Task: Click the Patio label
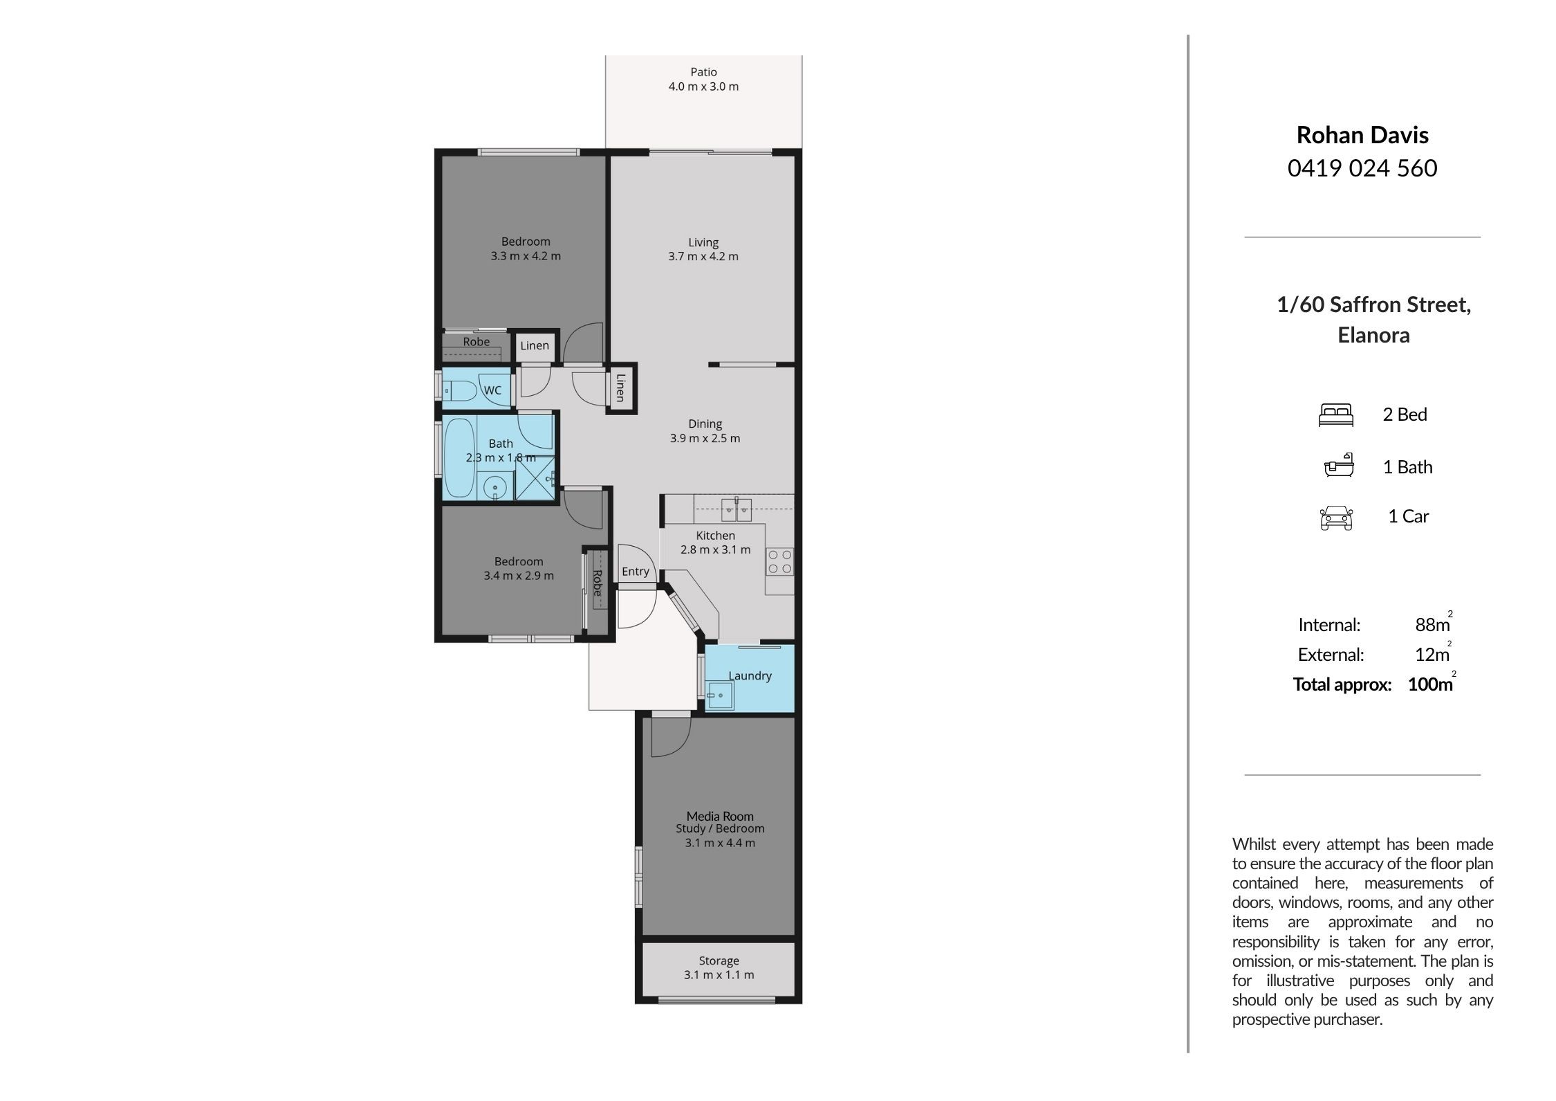pos(703,72)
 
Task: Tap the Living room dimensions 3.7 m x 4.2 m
pos(703,257)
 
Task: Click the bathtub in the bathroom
pos(459,457)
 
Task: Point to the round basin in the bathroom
pos(495,487)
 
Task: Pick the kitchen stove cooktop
pos(780,561)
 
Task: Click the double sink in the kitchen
pos(737,509)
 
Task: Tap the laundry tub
pos(720,695)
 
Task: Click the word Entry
pos(635,572)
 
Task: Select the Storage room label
pos(719,961)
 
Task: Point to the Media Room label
pos(720,816)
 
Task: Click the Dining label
pos(705,424)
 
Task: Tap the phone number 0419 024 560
pos(1362,168)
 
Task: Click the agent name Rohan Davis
pos(1362,135)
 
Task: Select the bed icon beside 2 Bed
pos(1335,415)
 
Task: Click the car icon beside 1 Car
pos(1336,518)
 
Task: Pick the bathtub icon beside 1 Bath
pos(1339,466)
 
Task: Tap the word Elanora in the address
pos(1373,336)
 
